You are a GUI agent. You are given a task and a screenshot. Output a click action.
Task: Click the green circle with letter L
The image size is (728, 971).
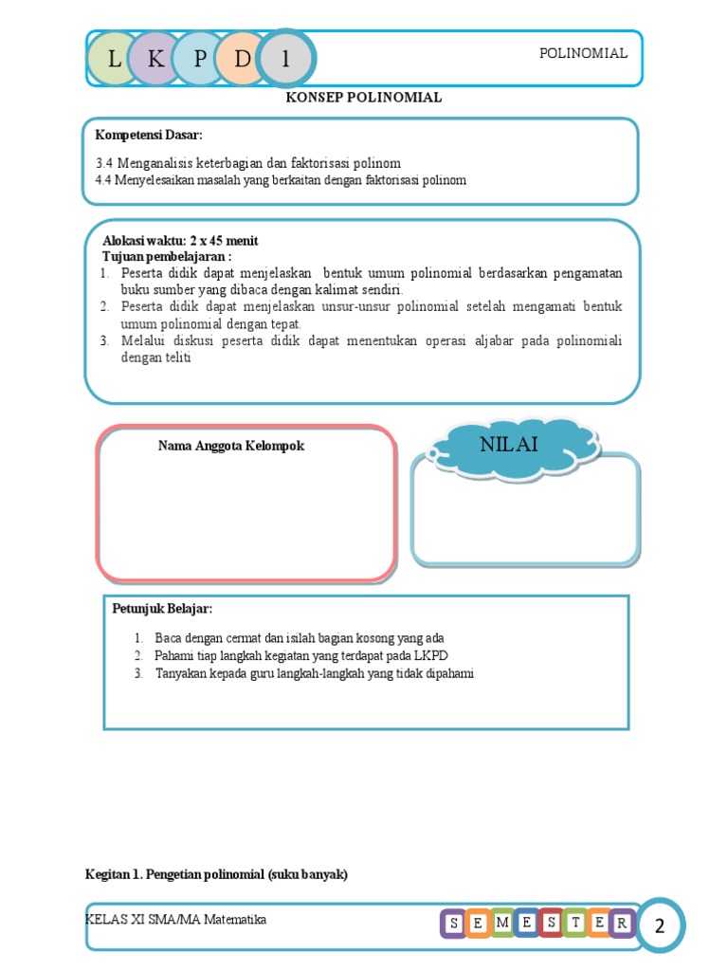point(115,59)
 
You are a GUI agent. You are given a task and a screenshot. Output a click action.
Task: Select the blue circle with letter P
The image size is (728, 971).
point(200,59)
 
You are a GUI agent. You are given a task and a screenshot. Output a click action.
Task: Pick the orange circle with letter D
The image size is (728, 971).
point(243,59)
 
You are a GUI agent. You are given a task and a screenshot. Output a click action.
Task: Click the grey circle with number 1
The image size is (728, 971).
point(285,59)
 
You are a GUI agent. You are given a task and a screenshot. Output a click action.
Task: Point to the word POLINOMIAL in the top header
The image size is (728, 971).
point(583,54)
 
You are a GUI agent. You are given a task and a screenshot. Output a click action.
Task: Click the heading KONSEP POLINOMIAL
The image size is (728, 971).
point(364,98)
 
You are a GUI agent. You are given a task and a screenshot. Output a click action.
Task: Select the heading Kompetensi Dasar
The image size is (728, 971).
point(149,135)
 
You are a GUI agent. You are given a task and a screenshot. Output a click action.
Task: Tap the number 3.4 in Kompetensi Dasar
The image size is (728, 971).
point(104,163)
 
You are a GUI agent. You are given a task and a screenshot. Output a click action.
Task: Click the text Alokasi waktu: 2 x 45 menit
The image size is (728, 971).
point(180,241)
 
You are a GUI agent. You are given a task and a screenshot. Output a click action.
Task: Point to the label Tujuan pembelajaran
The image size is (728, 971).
point(167,256)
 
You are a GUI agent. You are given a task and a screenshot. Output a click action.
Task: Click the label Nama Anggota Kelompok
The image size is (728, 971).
point(231,446)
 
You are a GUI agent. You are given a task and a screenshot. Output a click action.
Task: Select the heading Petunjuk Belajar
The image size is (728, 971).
point(162,608)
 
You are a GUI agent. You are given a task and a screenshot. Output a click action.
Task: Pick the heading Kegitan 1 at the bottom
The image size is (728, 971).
point(216,874)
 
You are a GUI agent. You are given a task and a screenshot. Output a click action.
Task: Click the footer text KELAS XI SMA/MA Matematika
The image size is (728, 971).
point(175,920)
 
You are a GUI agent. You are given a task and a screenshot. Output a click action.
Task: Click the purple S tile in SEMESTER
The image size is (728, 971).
point(453,924)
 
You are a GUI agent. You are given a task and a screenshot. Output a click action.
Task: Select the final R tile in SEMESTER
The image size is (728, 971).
point(622,924)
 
